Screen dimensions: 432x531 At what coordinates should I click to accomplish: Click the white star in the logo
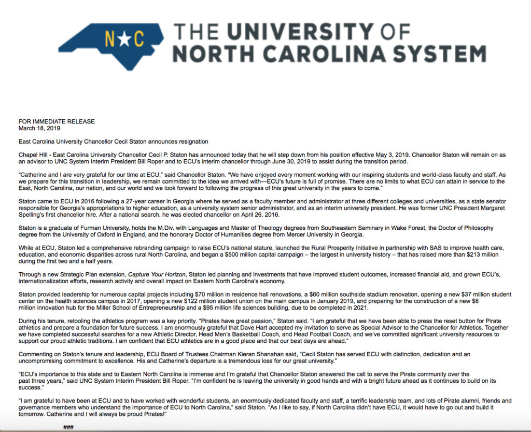click(x=122, y=38)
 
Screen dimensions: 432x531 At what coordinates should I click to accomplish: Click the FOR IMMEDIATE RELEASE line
click(x=57, y=121)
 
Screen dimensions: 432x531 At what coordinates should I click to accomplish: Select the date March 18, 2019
click(x=39, y=128)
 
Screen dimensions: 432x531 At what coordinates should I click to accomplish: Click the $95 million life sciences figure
click(x=241, y=308)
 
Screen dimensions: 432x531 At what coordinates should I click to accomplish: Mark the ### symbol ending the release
click(x=68, y=427)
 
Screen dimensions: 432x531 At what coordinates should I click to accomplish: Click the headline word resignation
click(x=192, y=142)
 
